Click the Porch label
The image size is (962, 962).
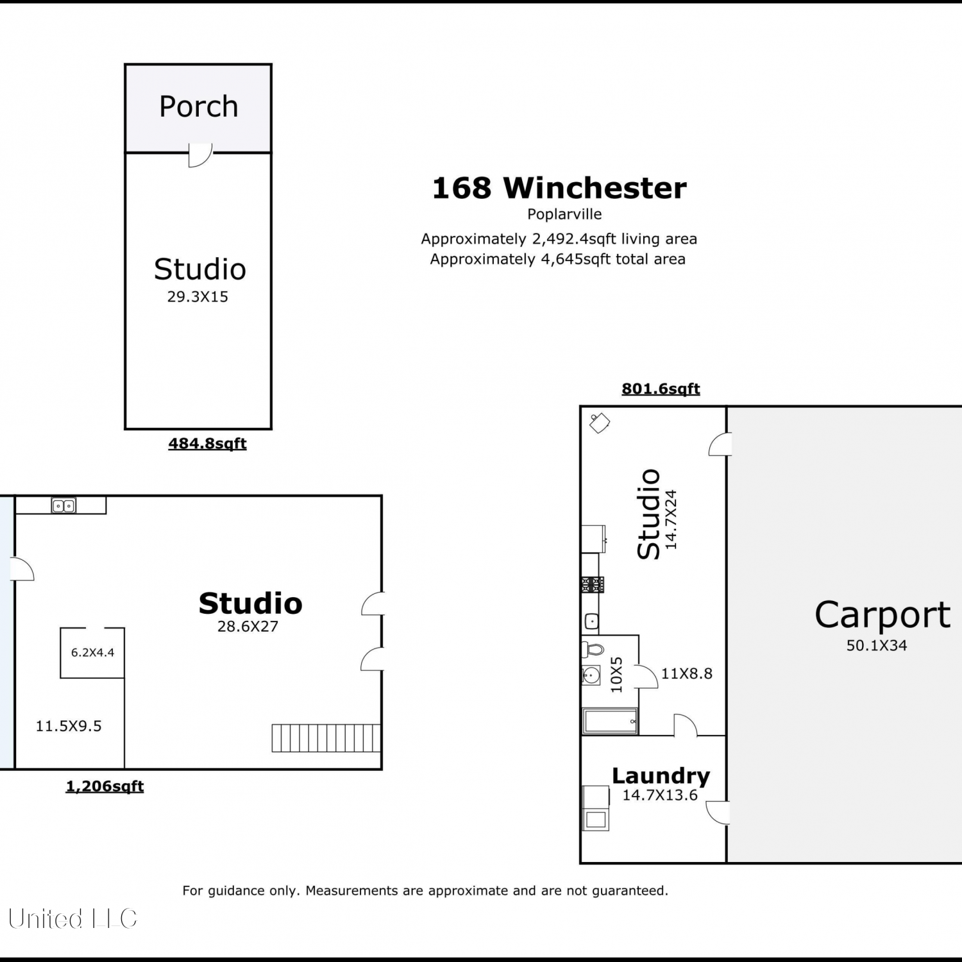(199, 106)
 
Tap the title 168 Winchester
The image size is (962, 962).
(559, 188)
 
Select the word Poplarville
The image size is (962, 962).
(564, 214)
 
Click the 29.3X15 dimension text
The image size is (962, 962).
(198, 297)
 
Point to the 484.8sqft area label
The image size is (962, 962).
(207, 444)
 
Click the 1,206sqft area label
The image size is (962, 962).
(105, 786)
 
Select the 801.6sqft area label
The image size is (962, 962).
(661, 389)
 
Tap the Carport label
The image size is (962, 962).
(882, 615)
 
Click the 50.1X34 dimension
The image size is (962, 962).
(877, 646)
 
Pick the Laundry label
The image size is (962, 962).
(661, 776)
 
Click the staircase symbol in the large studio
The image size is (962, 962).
(326, 738)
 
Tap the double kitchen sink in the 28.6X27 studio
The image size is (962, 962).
(63, 506)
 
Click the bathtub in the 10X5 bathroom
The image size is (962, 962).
(610, 721)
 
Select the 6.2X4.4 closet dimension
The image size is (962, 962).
(92, 653)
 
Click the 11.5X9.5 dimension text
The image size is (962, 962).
(69, 726)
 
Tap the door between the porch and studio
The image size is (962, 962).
(200, 155)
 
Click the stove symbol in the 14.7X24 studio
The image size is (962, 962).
(593, 584)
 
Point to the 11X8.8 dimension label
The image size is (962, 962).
(687, 673)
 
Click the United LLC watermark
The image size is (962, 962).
(72, 919)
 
